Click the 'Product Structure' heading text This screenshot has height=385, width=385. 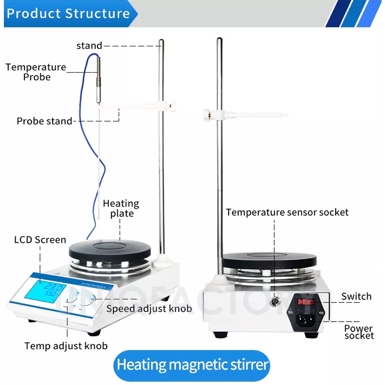(x=68, y=13)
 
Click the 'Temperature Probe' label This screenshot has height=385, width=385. (x=36, y=72)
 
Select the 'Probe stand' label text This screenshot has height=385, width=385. (x=44, y=121)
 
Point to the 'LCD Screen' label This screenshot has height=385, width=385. (x=40, y=239)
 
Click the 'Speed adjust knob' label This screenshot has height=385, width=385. (x=149, y=308)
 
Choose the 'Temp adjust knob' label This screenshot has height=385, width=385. (x=66, y=346)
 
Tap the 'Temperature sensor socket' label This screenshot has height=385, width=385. (x=287, y=212)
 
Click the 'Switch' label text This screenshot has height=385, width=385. (x=356, y=296)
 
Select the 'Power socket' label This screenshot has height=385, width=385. (x=359, y=332)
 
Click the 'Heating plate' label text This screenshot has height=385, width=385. (x=121, y=208)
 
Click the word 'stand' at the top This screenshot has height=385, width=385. (x=89, y=46)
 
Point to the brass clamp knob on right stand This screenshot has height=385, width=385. (x=207, y=115)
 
